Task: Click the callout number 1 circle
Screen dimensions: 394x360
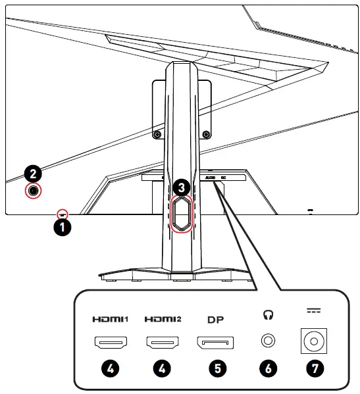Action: click(63, 228)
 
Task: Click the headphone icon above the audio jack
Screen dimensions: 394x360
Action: click(267, 316)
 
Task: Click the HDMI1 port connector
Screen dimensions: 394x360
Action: click(111, 342)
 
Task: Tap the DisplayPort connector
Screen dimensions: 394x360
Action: click(215, 342)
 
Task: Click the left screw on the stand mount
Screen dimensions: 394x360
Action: click(156, 134)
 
